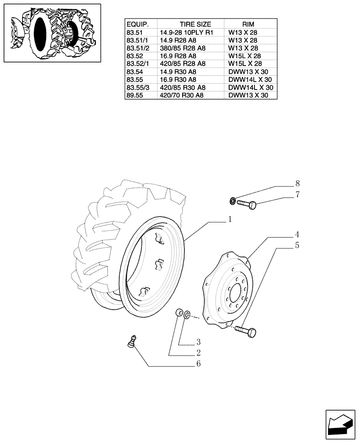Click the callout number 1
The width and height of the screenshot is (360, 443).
231,219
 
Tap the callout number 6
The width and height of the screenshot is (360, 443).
199,364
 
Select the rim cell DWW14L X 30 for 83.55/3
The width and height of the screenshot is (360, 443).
250,87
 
